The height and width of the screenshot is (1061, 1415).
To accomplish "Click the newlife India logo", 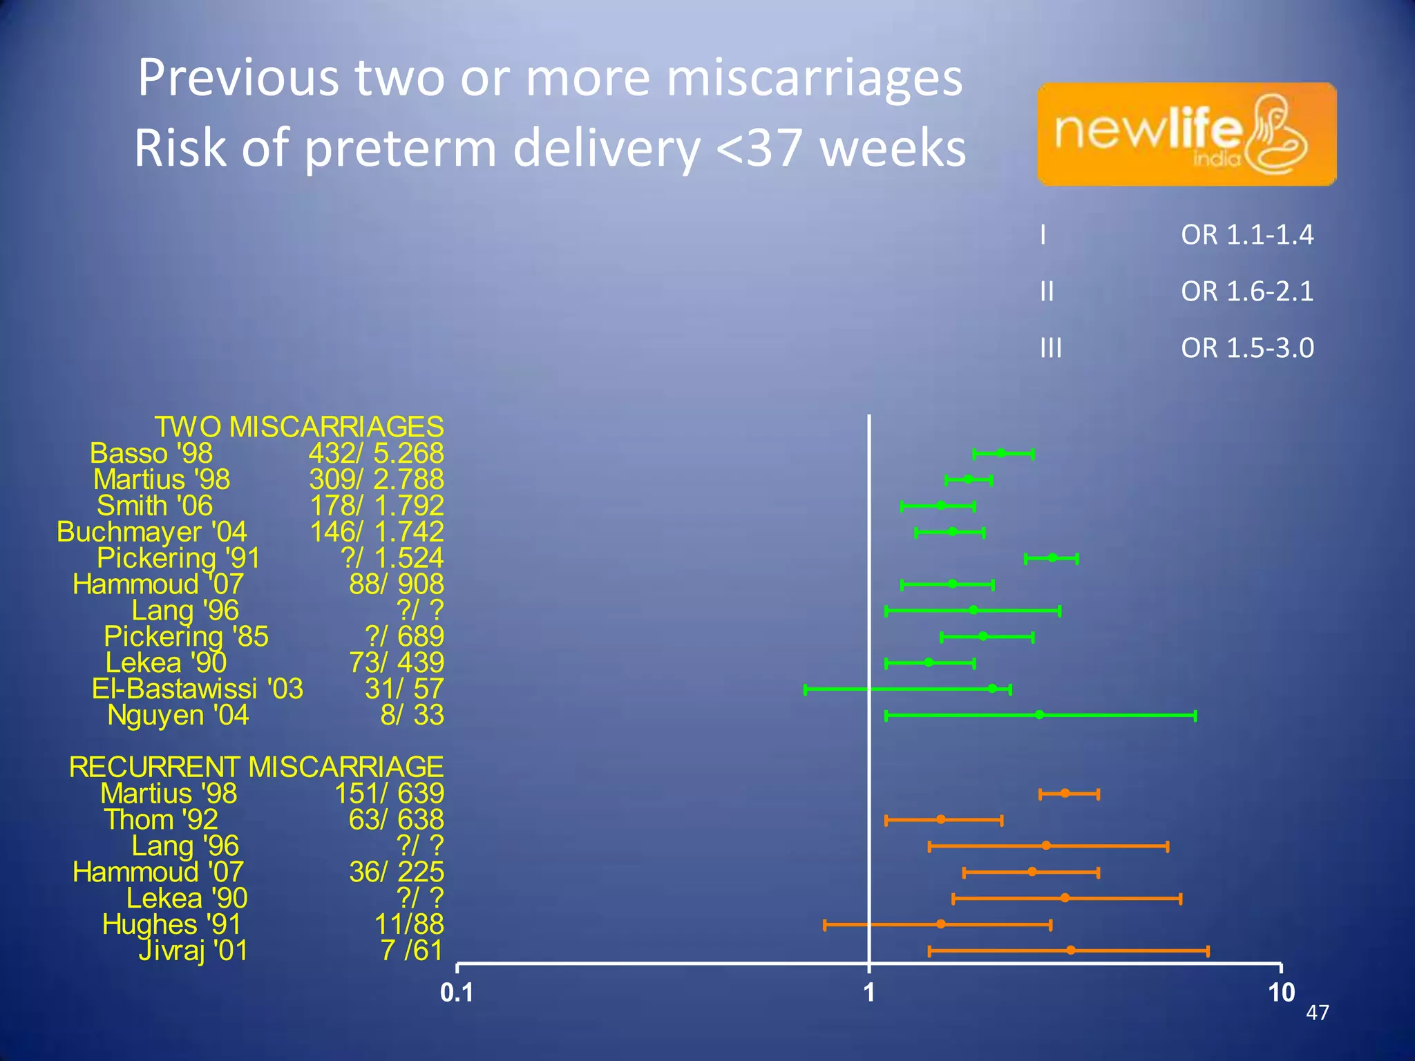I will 1186,134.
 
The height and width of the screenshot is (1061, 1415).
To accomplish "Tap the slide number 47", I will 1317,1013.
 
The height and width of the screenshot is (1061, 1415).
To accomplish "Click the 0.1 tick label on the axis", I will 457,993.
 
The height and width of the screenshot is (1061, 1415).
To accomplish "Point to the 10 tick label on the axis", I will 1281,993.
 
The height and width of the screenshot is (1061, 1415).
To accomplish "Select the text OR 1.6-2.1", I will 1247,291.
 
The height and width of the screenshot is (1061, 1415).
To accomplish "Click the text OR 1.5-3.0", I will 1247,348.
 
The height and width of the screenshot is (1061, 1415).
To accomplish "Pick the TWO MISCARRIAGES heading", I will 298,427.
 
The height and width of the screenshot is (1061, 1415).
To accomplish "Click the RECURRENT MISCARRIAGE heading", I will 256,767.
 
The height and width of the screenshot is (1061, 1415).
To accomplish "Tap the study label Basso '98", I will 151,454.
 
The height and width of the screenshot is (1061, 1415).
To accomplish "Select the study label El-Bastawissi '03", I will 198,689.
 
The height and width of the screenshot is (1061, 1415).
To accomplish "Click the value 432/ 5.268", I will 377,454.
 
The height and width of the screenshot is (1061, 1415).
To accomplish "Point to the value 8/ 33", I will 412,715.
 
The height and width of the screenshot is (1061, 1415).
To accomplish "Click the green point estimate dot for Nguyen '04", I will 1039,715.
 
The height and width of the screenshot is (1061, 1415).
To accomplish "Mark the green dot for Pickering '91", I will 1052,557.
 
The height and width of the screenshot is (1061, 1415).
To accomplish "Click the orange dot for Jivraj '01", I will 1070,950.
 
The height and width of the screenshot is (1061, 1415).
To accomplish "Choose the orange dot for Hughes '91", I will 940,924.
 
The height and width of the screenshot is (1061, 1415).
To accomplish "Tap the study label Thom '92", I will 161,820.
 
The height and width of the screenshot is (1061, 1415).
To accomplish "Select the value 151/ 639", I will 390,794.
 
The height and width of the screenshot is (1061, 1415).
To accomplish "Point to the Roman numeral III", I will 1051,348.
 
